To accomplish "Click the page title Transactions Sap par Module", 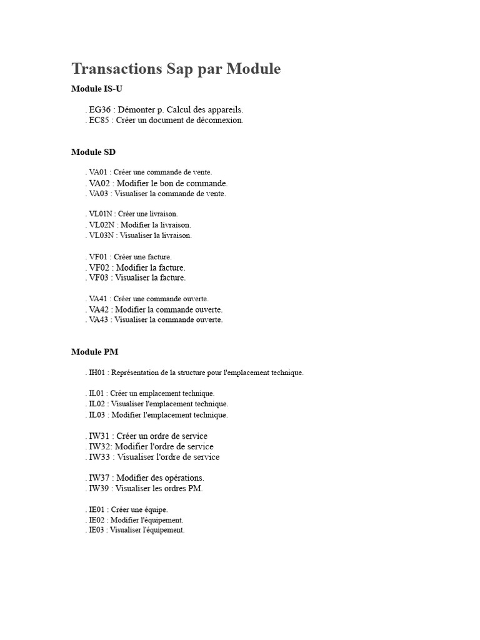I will point(176,69).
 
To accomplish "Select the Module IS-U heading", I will point(96,89).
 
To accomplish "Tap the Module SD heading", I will point(93,152).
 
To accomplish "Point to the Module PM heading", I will point(94,352).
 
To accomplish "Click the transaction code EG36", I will point(100,109).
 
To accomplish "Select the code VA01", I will point(98,172).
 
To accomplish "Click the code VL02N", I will point(101,225).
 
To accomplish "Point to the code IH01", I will point(97,373).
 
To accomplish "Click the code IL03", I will point(96,415).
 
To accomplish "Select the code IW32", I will point(99,446).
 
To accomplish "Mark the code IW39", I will point(99,489).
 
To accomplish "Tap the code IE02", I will point(97,520).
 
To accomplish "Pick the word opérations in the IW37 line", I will point(183,478).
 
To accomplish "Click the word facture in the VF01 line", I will point(161,257).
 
